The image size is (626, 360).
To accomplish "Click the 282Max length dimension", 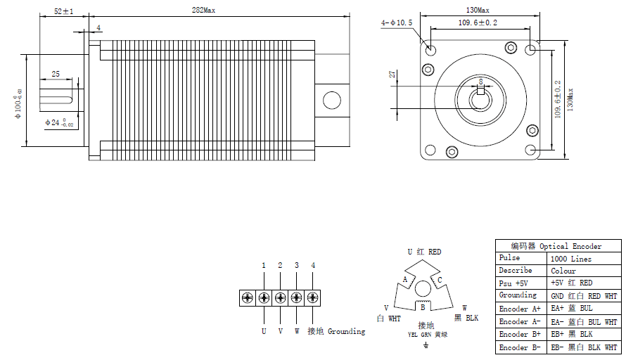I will click(204, 11).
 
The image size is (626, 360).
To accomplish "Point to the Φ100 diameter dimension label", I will click(18, 103).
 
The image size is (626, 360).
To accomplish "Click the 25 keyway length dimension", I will click(55, 74).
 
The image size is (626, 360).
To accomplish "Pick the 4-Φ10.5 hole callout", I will click(397, 23).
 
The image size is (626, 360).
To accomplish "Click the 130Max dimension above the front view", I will click(478, 11).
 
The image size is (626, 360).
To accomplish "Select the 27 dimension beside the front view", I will click(392, 75).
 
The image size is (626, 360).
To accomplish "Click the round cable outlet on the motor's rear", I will click(331, 100).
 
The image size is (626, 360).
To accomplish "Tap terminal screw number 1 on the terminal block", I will click(264, 297).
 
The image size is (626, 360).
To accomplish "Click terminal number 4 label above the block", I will click(313, 266).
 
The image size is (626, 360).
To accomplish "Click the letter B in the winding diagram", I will click(422, 307).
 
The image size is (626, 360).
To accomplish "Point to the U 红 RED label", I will click(424, 252).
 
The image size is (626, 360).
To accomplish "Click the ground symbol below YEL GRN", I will click(425, 345).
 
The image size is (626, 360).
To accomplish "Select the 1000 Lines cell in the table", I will click(570, 259).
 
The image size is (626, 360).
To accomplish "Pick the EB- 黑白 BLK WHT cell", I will click(583, 347).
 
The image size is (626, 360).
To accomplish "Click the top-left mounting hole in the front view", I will click(430, 51).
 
